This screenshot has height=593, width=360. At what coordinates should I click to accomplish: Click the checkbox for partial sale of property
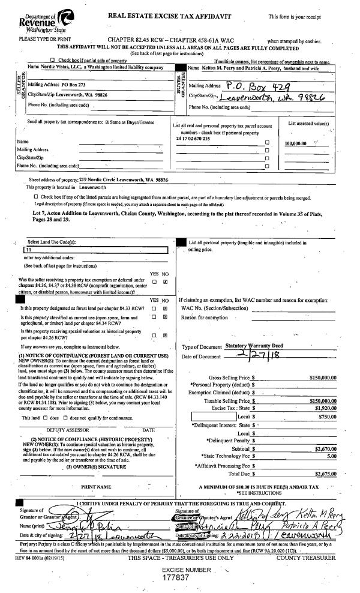click(60, 61)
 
